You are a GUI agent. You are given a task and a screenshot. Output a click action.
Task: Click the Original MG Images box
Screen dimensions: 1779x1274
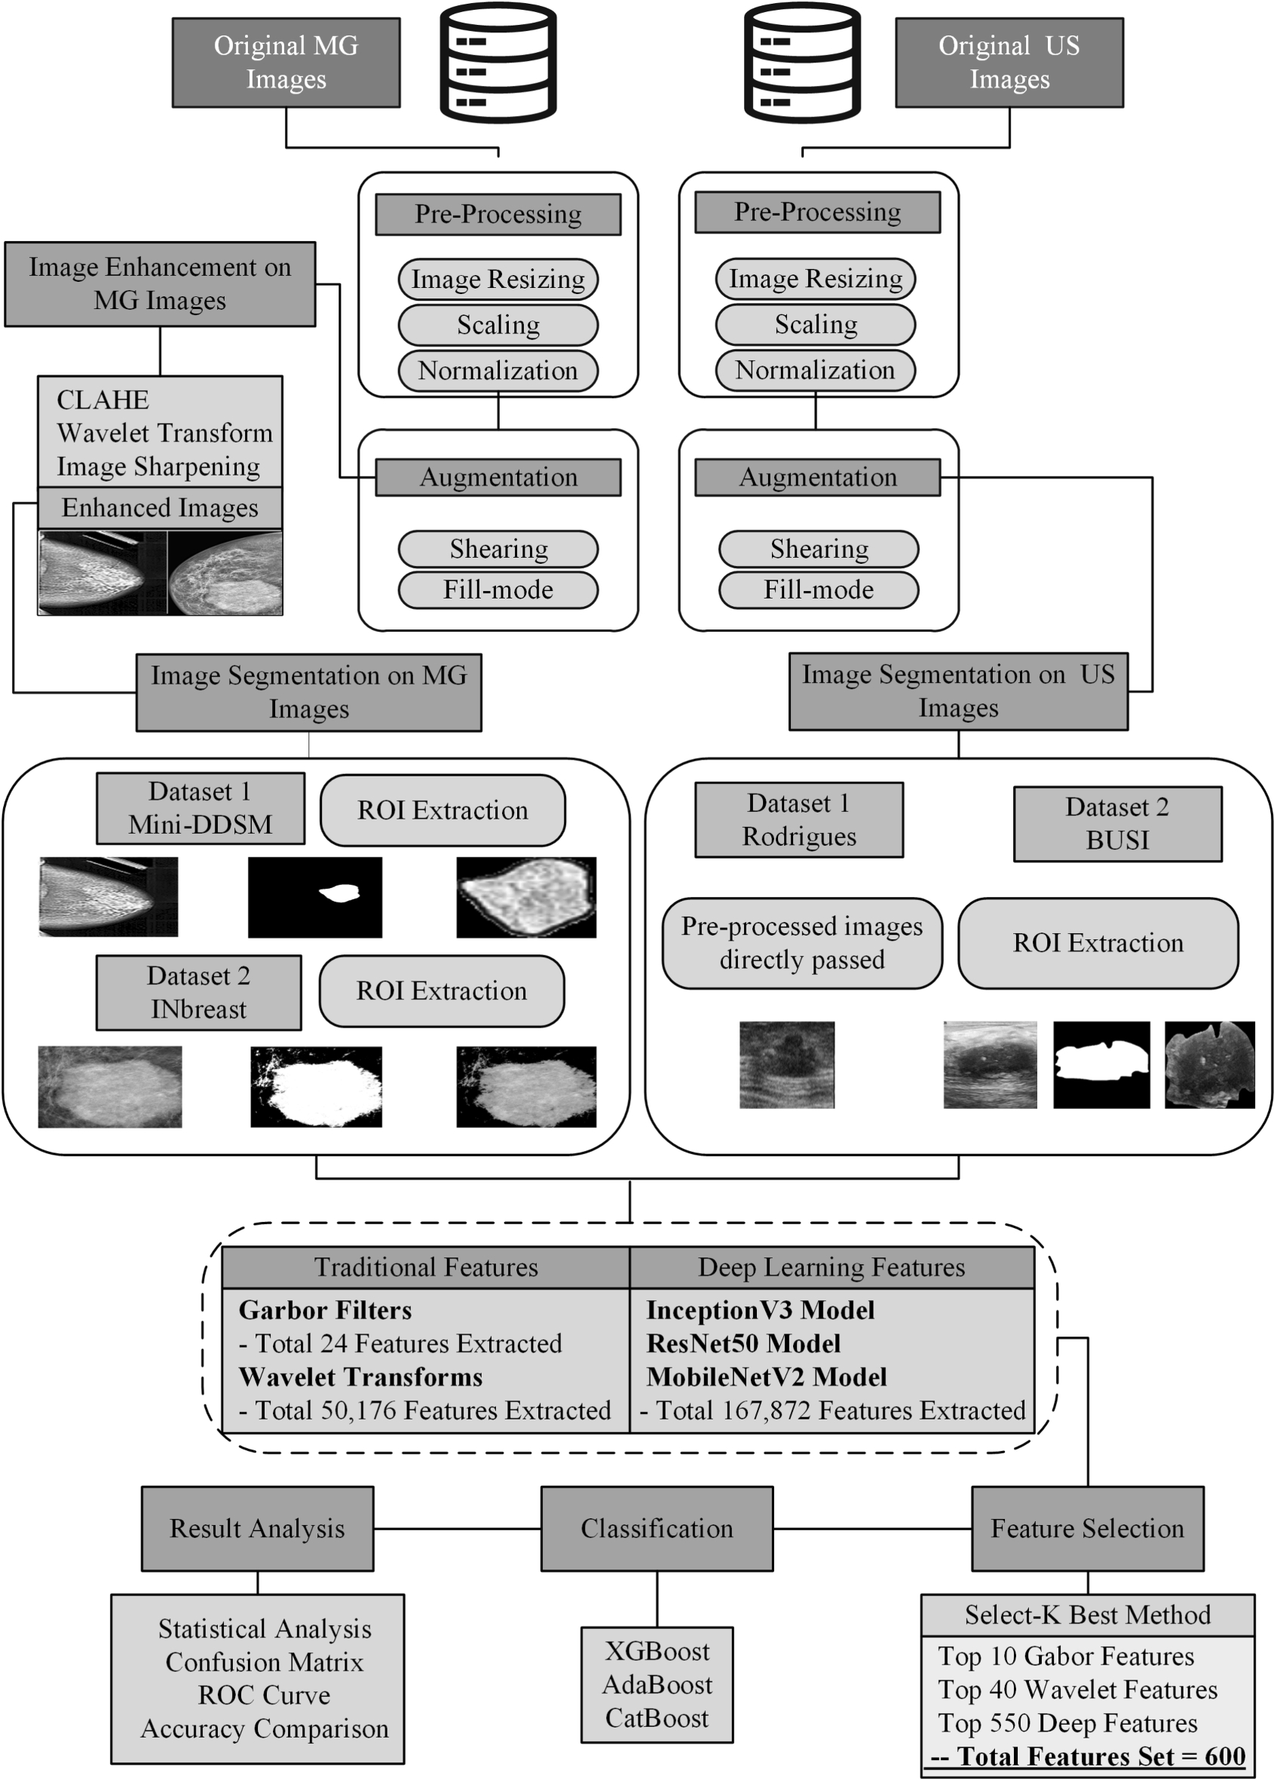pyautogui.click(x=286, y=63)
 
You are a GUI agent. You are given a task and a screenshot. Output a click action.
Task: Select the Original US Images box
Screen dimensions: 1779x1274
pyautogui.click(x=1009, y=63)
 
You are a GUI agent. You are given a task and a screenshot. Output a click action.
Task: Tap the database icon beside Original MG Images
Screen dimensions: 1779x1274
pyautogui.click(x=498, y=63)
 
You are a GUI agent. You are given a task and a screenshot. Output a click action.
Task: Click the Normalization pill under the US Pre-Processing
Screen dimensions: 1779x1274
pyautogui.click(x=815, y=370)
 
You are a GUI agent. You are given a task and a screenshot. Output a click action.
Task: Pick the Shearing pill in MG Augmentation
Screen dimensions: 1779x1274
pyautogui.click(x=498, y=549)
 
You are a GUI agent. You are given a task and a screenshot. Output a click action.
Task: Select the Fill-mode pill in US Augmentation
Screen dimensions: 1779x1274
pyautogui.click(x=818, y=590)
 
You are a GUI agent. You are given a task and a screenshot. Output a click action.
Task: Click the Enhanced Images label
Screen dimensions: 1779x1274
pyautogui.click(x=160, y=508)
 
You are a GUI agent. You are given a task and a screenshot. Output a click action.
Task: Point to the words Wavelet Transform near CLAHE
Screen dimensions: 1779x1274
pyautogui.click(x=165, y=433)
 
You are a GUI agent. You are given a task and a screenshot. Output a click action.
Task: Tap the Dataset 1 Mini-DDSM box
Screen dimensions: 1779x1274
pyautogui.click(x=200, y=808)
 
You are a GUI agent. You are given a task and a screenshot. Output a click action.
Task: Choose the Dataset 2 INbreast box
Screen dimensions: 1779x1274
pyautogui.click(x=198, y=992)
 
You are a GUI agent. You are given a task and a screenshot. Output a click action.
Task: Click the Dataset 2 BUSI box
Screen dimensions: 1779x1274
pyautogui.click(x=1117, y=824)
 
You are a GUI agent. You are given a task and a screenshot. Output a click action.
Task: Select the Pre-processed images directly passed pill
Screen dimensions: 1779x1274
pyautogui.click(x=802, y=943)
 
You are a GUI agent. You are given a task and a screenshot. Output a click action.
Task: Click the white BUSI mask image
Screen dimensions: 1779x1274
pyautogui.click(x=1101, y=1064)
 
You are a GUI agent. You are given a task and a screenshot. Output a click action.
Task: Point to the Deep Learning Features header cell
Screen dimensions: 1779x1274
pyautogui.click(x=831, y=1268)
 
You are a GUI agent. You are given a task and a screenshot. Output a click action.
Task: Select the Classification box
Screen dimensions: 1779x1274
pyautogui.click(x=657, y=1528)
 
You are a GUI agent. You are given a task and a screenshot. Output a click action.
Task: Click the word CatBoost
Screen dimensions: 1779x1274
pyautogui.click(x=657, y=1718)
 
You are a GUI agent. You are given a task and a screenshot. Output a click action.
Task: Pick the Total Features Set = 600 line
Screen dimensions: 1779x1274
pyautogui.click(x=1087, y=1756)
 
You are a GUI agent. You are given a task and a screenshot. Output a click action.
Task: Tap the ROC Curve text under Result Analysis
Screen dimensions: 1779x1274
pyautogui.click(x=264, y=1695)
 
